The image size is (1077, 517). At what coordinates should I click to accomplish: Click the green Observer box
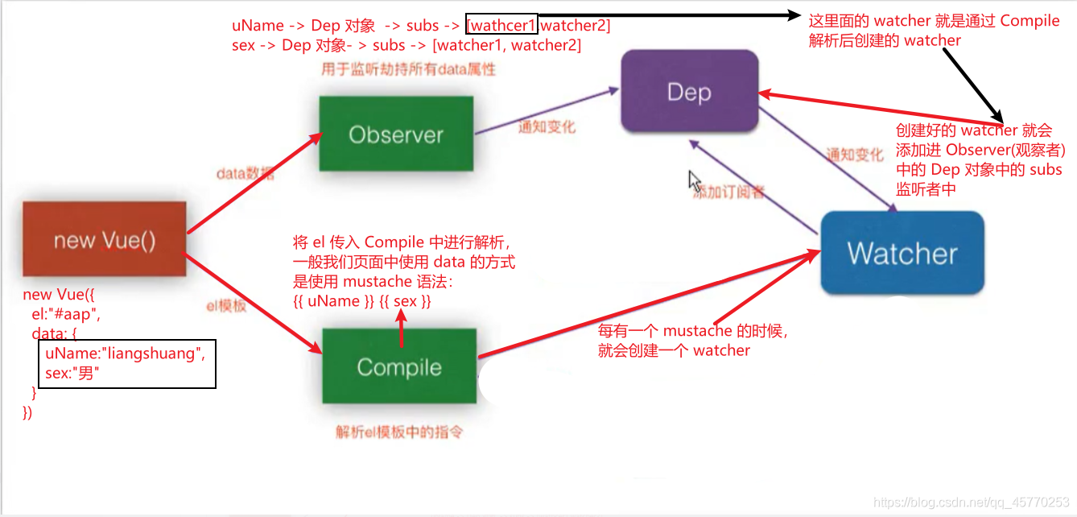point(395,134)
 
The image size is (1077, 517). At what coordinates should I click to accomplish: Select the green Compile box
point(399,368)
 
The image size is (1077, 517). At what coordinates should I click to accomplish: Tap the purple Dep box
point(689,92)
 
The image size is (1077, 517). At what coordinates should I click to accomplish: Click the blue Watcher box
point(902,254)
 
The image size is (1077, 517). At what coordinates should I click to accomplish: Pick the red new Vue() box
point(105,241)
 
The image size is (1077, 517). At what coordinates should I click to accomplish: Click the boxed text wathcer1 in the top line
point(502,26)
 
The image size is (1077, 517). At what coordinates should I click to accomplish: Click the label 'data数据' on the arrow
point(245,173)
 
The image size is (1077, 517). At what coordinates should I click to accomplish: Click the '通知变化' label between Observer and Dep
point(547,126)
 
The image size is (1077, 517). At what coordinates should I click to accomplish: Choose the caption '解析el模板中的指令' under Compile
point(399,432)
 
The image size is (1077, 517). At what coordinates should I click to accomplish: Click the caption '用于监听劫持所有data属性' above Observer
point(408,69)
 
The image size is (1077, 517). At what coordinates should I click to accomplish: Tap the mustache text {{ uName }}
point(327,301)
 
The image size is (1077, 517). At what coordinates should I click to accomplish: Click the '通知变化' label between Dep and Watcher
point(854,155)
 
